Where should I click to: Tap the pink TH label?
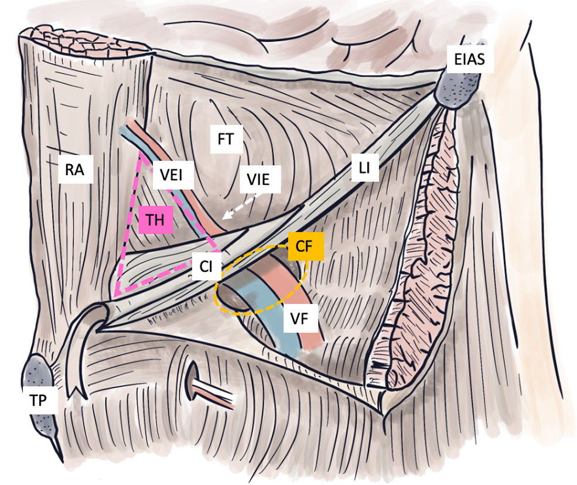(155, 220)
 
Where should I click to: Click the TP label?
(43, 401)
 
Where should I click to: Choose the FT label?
(226, 139)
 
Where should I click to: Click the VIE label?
(258, 179)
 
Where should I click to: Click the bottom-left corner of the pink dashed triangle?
(116, 295)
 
